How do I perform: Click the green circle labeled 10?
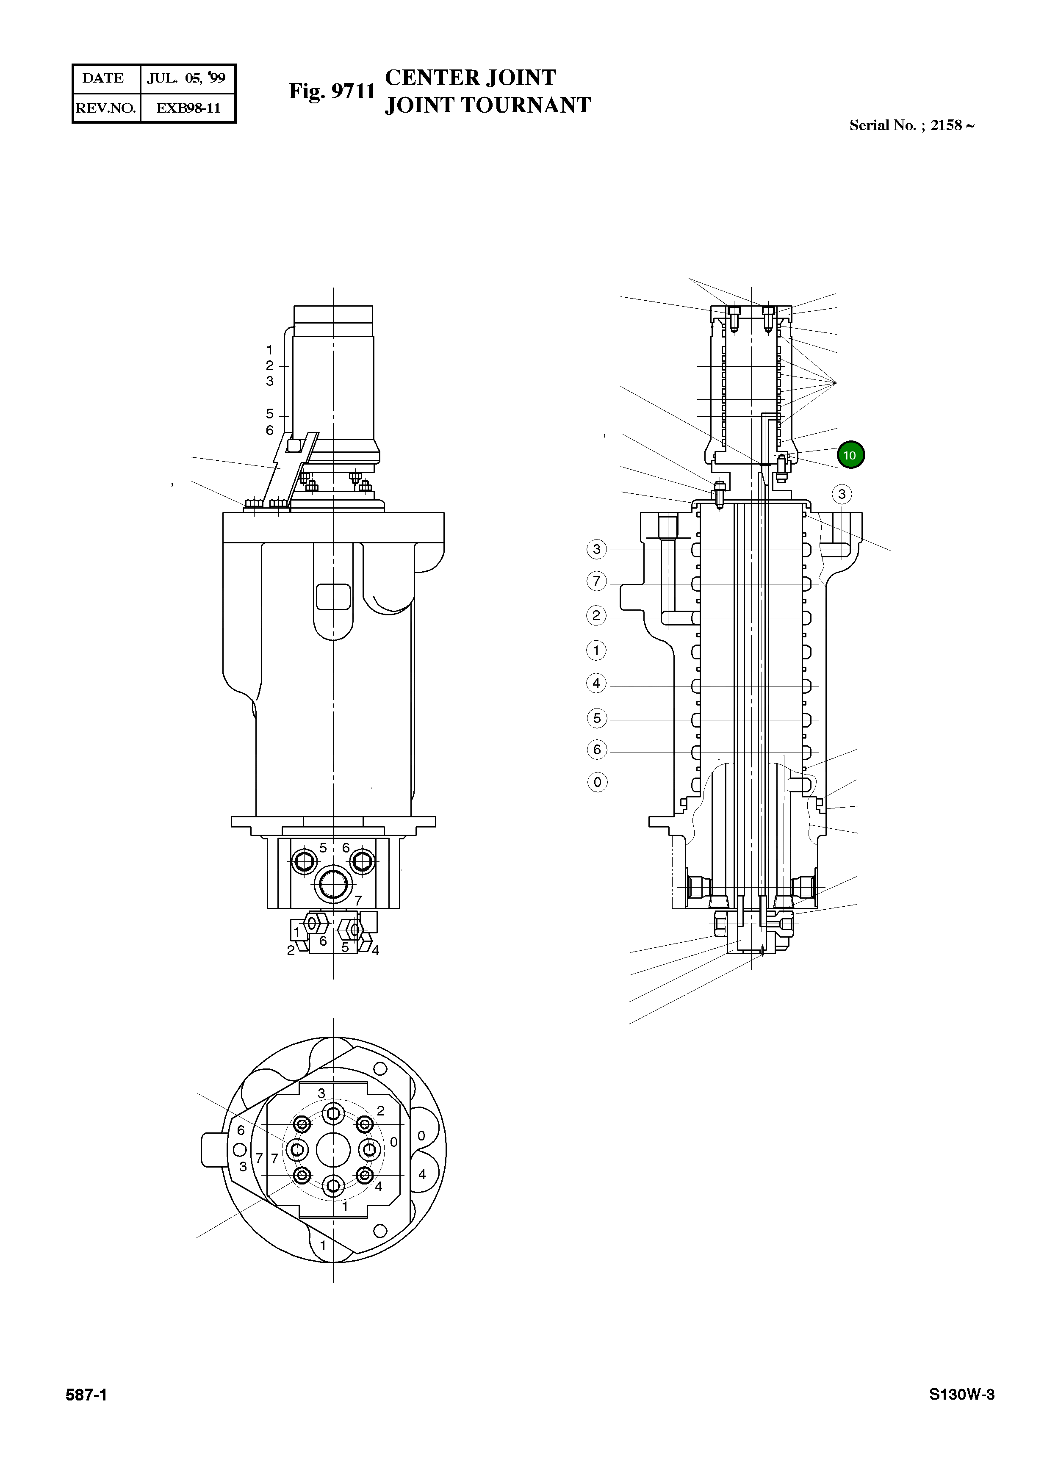(x=850, y=455)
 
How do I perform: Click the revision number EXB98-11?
(x=188, y=108)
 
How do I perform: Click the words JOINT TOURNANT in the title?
(x=487, y=105)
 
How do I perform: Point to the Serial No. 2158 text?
(x=911, y=125)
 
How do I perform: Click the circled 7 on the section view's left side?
(x=596, y=581)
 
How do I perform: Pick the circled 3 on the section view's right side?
(x=841, y=495)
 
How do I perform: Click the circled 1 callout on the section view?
(x=596, y=650)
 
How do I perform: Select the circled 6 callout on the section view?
(x=596, y=750)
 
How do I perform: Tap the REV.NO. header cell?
(x=106, y=108)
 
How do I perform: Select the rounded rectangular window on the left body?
(x=333, y=596)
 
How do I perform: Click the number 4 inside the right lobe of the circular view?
(x=421, y=1174)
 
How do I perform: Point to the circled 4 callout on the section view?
(x=596, y=683)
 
